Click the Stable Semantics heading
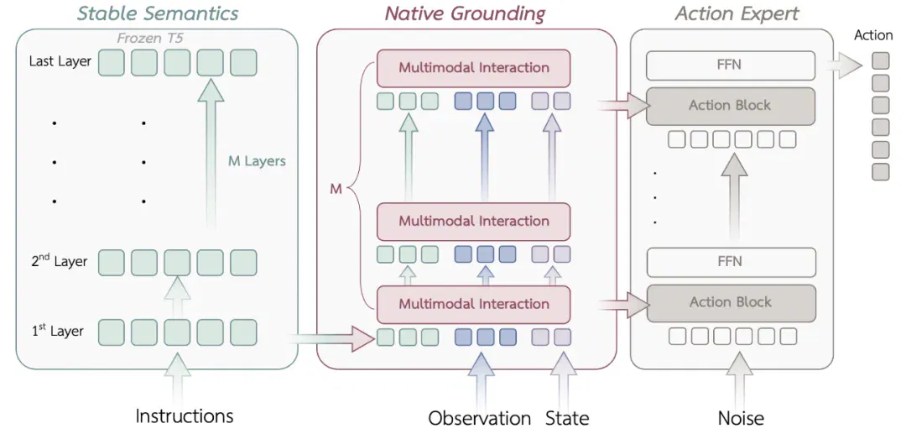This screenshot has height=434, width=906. [159, 13]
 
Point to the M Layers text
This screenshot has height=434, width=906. [257, 161]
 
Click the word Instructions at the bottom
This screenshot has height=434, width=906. [185, 416]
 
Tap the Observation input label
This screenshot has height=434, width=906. [480, 418]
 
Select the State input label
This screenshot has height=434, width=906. [567, 418]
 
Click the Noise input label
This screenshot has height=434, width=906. [741, 418]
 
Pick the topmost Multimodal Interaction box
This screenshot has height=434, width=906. [473, 68]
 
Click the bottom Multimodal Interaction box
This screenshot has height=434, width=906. [473, 304]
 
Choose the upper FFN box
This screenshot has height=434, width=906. [731, 65]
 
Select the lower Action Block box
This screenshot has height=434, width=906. [731, 303]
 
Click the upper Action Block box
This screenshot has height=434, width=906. [731, 106]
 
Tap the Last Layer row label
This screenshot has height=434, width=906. [60, 61]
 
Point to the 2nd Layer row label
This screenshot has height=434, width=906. [59, 261]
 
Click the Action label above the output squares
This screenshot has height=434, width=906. [873, 35]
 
